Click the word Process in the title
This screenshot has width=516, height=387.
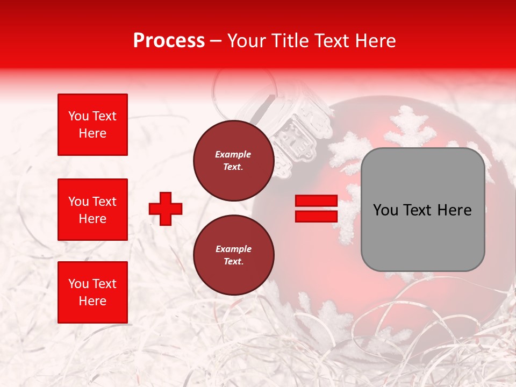[169, 41]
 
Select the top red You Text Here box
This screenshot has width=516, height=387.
[92, 125]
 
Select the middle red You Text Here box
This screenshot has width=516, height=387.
[92, 210]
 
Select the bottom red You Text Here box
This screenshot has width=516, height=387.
[92, 292]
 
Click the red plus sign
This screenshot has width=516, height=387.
[166, 209]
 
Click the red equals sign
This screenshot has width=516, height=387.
[316, 209]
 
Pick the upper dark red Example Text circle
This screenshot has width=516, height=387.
[233, 161]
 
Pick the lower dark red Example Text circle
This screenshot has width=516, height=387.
[233, 255]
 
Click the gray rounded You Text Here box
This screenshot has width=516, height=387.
[422, 210]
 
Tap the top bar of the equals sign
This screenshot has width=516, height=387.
[316, 201]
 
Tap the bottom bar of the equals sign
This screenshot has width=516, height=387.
[316, 216]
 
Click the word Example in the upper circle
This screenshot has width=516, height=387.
[233, 154]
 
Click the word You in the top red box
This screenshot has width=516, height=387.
[78, 116]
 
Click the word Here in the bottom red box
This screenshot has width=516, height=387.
[92, 301]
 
